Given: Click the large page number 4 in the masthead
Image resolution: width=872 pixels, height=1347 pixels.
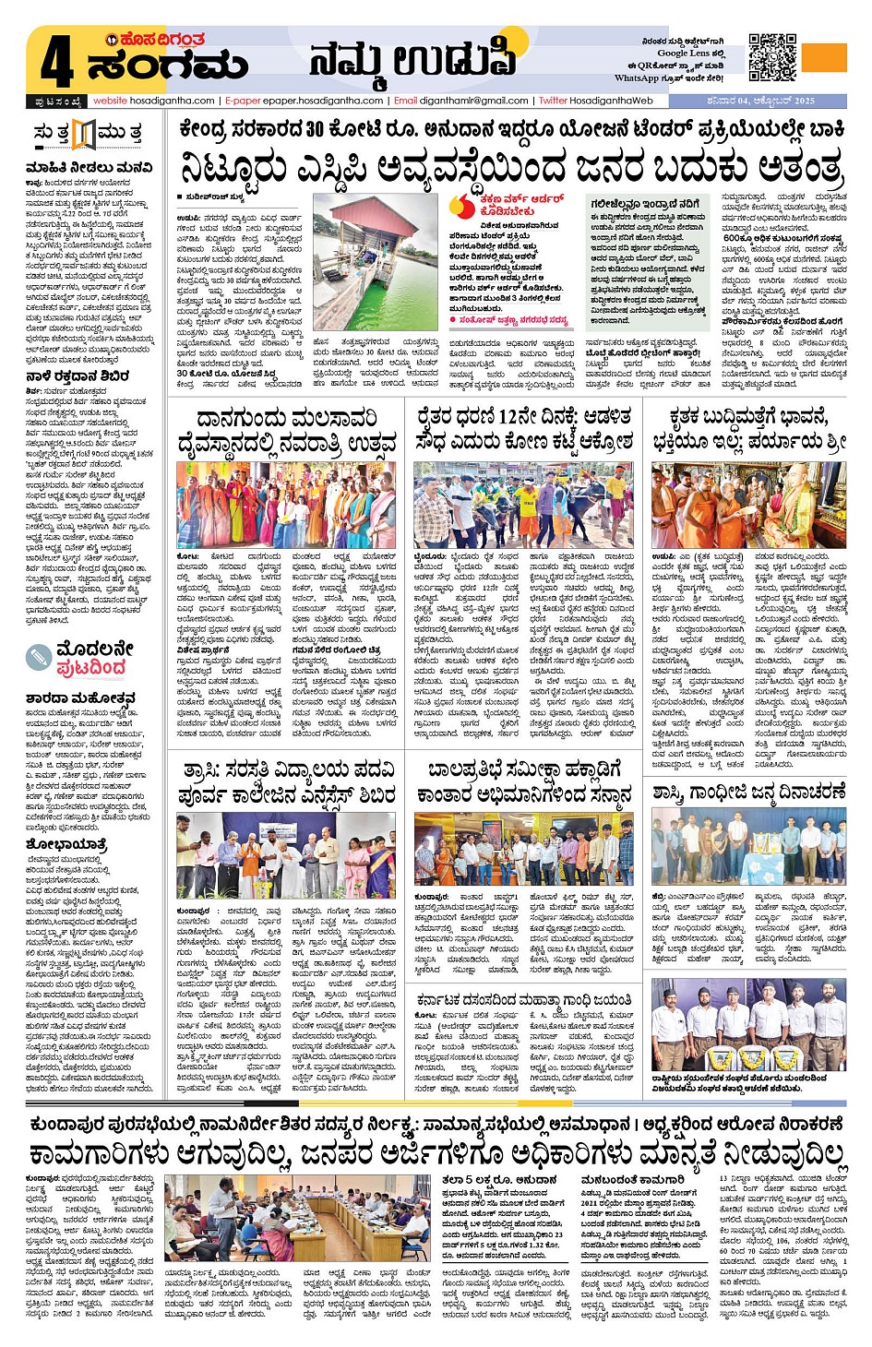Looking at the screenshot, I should tap(56, 63).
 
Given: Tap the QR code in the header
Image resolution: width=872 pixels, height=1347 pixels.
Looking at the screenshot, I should tap(772, 57).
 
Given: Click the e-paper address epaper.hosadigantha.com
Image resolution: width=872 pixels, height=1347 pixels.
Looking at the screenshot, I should tap(305, 101).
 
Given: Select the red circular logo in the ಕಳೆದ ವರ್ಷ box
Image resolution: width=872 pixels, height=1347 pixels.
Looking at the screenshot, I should tap(464, 206).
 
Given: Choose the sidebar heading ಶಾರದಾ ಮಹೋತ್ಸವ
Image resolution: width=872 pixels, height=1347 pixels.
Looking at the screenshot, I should tap(81, 698).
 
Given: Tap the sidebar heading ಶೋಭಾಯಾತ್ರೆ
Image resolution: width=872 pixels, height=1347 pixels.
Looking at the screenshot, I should tap(66, 844).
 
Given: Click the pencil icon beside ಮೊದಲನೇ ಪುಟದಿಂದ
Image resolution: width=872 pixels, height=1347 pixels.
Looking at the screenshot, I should tap(38, 657).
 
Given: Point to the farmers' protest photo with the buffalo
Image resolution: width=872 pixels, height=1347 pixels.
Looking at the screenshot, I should tap(521, 505).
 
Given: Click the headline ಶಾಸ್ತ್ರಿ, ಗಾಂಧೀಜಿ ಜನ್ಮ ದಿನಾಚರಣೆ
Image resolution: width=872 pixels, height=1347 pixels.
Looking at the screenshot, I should tap(748, 792).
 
